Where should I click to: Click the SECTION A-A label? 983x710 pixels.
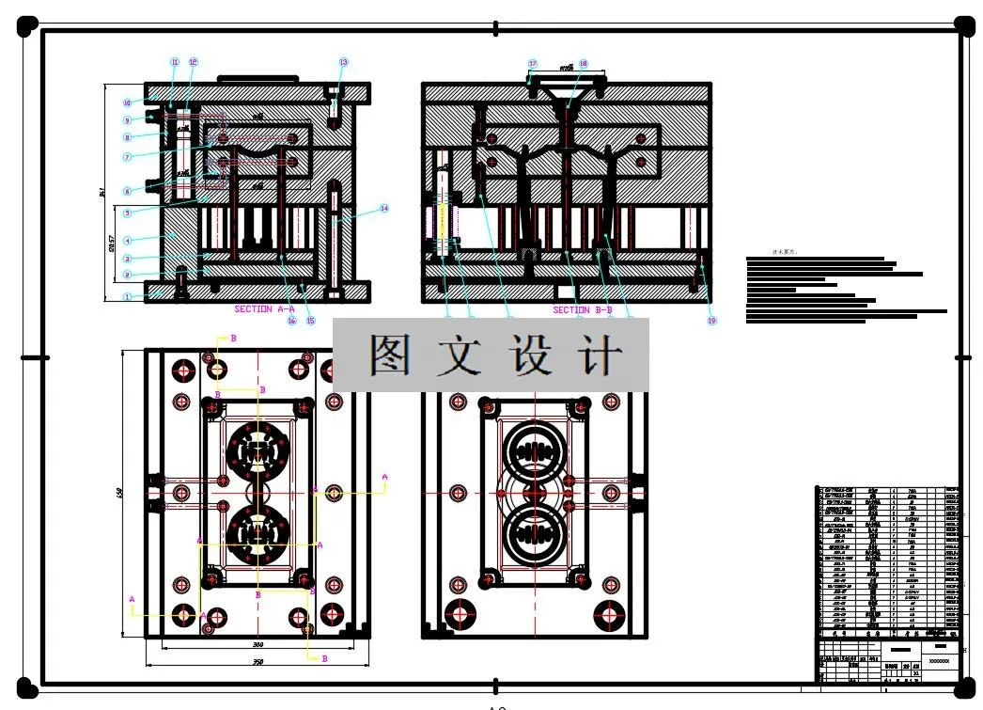pos(265,308)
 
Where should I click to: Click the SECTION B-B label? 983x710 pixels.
pos(583,309)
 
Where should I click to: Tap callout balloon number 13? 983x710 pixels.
pos(344,62)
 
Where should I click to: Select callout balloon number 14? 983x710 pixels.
pos(384,208)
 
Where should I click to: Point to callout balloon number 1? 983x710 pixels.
pos(126,296)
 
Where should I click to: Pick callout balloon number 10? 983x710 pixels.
pos(127,103)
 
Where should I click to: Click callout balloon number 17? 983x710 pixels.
pos(533,64)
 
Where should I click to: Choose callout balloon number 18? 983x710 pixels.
pos(583,64)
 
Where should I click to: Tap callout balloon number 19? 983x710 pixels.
pos(711,320)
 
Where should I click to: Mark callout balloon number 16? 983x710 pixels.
pos(291,321)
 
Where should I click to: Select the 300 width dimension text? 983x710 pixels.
pos(257,644)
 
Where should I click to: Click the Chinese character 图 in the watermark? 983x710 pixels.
pos(390,355)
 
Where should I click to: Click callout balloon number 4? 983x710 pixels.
pos(127,241)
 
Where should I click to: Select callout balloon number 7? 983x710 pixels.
pos(127,156)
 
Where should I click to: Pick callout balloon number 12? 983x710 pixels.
pos(194,62)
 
